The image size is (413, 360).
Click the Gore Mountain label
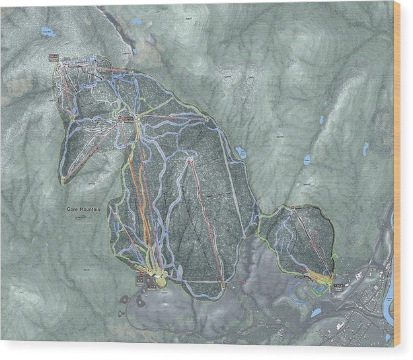(83, 209)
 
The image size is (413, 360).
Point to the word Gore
(71, 209)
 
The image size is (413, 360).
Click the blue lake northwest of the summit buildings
(46, 33)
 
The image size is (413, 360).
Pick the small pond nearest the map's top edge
(136, 22)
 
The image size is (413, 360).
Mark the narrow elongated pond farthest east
(365, 149)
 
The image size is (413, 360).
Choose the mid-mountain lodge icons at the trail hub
(126, 118)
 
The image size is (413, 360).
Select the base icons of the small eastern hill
(337, 285)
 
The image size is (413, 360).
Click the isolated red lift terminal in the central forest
(189, 161)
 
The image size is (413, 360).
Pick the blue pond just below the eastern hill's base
(316, 311)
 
